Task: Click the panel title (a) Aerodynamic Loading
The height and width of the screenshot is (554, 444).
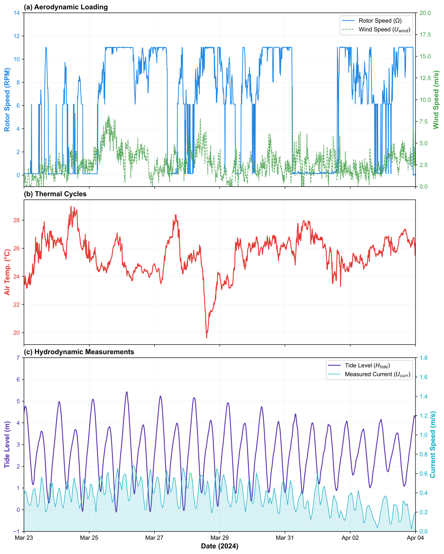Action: point(66,7)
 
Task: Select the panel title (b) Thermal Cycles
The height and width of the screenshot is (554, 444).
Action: point(55,194)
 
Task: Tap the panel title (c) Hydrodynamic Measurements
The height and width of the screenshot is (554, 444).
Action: point(79,352)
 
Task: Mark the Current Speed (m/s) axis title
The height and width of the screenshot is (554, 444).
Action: point(433,445)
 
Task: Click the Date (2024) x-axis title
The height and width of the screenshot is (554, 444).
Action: point(220,546)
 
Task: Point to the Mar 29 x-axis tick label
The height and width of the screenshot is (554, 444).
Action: point(220,538)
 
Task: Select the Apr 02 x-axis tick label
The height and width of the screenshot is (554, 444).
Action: point(350,538)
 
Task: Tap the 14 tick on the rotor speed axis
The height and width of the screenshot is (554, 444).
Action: point(16,13)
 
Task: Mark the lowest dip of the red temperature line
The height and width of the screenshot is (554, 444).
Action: point(207,338)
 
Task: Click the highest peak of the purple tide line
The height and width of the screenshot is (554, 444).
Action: point(127,392)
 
